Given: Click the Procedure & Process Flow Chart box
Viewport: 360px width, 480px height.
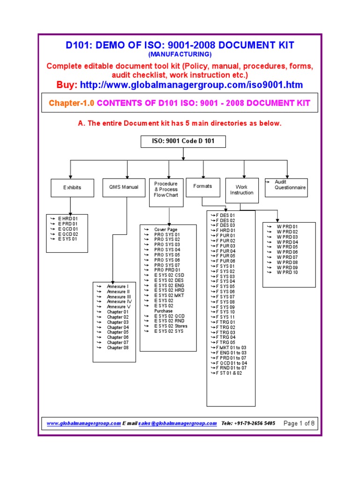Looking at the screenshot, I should [x=166, y=189].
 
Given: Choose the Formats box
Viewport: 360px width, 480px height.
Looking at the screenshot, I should [x=202, y=186].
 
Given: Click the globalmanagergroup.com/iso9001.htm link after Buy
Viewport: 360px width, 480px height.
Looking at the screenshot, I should [x=191, y=85].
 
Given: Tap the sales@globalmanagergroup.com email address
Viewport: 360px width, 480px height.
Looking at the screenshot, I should [x=178, y=423].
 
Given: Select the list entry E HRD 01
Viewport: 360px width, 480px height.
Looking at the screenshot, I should [x=67, y=218].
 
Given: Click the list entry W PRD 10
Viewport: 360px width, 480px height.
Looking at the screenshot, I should [x=287, y=272].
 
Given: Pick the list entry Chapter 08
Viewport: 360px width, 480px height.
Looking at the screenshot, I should [x=117, y=347].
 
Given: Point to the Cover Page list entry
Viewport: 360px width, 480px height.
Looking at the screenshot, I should [x=166, y=229].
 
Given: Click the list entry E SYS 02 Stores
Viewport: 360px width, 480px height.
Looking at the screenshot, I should [x=171, y=326].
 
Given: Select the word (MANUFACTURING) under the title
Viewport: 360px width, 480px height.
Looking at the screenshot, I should [x=180, y=54].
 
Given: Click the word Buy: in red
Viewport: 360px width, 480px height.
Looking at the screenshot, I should [x=67, y=85].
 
